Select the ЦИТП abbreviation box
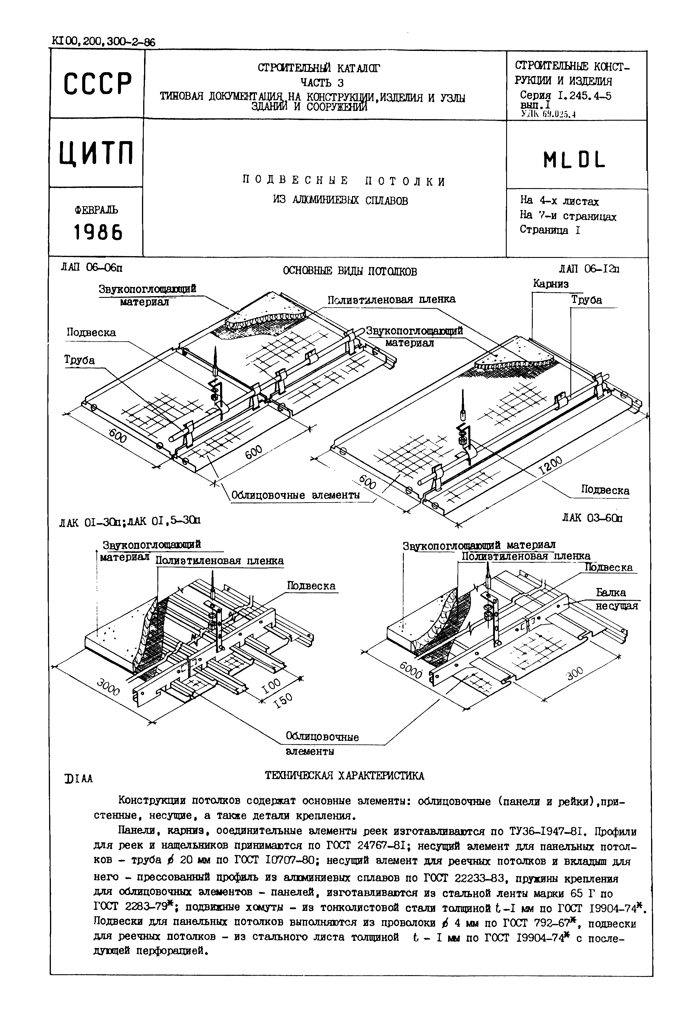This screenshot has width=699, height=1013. point(96,153)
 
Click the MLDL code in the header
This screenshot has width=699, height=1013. point(574,161)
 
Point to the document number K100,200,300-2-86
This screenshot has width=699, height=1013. point(103,42)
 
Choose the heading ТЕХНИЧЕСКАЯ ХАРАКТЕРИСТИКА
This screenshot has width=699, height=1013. point(344,776)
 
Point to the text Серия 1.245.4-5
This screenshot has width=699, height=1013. point(565,96)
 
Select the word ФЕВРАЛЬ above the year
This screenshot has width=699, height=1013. point(96,210)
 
